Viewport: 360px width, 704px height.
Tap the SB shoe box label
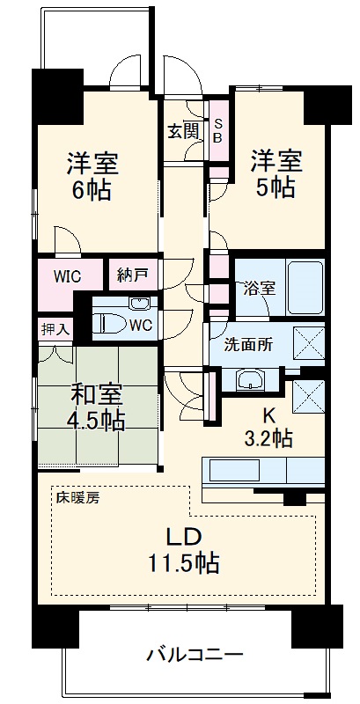click(217, 132)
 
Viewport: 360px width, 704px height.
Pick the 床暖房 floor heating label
click(79, 497)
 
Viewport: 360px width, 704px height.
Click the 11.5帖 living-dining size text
click(184, 564)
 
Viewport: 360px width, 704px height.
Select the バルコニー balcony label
click(195, 656)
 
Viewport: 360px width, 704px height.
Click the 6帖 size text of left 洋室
click(92, 190)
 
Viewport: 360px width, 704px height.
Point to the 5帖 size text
click(276, 187)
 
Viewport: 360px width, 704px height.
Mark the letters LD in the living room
click(185, 536)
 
